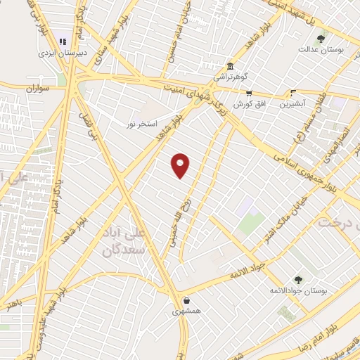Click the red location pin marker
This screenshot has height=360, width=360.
[x=181, y=165]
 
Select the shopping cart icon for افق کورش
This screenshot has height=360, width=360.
[x=248, y=92]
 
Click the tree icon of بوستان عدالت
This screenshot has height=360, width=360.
[x=321, y=39]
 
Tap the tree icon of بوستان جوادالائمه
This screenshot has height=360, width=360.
[x=297, y=279]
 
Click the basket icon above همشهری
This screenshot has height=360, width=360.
[x=186, y=299]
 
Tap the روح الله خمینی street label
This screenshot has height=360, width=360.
[x=176, y=221]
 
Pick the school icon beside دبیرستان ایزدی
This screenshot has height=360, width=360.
[x=63, y=41]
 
